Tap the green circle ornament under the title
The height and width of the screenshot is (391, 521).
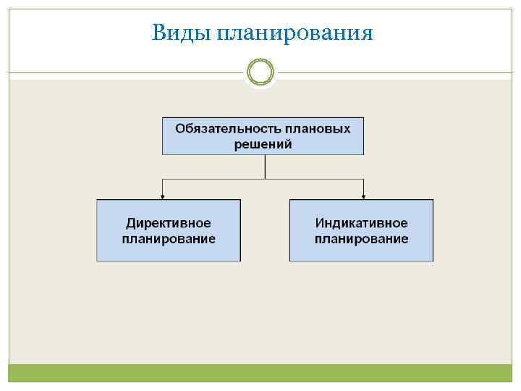pos(260,72)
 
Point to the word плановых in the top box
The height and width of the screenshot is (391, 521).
pos(318,128)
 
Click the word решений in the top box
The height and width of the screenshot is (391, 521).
pos(263,143)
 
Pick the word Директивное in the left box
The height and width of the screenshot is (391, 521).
pos(169,223)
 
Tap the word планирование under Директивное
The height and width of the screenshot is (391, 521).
pos(169,239)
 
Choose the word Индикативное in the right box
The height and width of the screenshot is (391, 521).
pos(361,223)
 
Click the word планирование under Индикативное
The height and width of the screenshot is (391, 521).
pos(361,239)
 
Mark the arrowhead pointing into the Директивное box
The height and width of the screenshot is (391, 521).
pos(163,195)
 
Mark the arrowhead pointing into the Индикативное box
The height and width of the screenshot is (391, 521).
pos(363,195)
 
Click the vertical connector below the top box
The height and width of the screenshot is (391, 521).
pos(266,166)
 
